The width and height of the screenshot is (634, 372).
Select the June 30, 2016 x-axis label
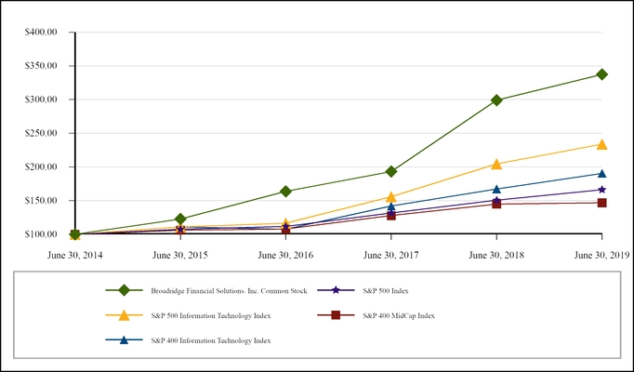(x=285, y=253)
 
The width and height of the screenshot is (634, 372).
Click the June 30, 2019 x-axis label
(x=601, y=253)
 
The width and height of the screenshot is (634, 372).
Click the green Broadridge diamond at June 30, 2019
(x=601, y=74)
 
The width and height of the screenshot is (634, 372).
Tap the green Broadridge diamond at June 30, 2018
(x=496, y=100)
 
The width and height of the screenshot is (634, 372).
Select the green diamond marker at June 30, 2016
(x=285, y=192)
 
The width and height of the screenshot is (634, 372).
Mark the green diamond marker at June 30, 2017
(x=391, y=171)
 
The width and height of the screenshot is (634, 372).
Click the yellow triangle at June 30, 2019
(x=601, y=144)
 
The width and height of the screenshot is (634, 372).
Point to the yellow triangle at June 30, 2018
(x=496, y=164)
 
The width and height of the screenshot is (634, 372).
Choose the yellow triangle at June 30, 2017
(x=391, y=197)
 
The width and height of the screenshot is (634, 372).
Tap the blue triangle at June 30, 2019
(x=601, y=174)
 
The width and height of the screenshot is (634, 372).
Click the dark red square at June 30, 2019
(x=601, y=203)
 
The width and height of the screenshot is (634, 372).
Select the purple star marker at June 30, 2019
(x=601, y=190)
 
